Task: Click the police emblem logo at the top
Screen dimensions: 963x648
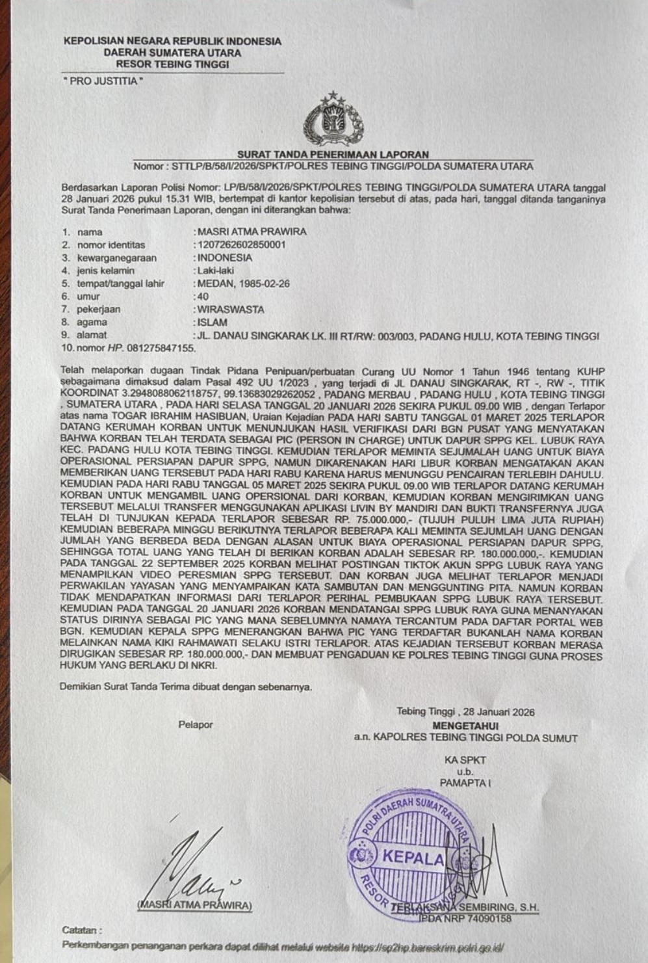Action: click(x=333, y=120)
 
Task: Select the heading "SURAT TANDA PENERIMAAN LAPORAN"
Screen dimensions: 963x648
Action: click(x=333, y=154)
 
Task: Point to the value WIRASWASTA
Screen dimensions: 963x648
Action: click(x=231, y=310)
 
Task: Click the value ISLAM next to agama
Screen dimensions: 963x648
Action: click(x=213, y=322)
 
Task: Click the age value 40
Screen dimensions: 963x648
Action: click(x=203, y=297)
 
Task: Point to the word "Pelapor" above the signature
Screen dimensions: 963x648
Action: click(x=196, y=724)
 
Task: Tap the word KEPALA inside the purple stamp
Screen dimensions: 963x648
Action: click(x=413, y=857)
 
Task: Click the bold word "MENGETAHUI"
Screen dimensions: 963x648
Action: click(x=465, y=725)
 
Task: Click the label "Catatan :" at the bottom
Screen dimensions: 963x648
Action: click(x=81, y=930)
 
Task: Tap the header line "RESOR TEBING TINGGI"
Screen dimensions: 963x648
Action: click(x=172, y=64)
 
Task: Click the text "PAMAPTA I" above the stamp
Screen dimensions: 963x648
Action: click(x=465, y=783)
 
